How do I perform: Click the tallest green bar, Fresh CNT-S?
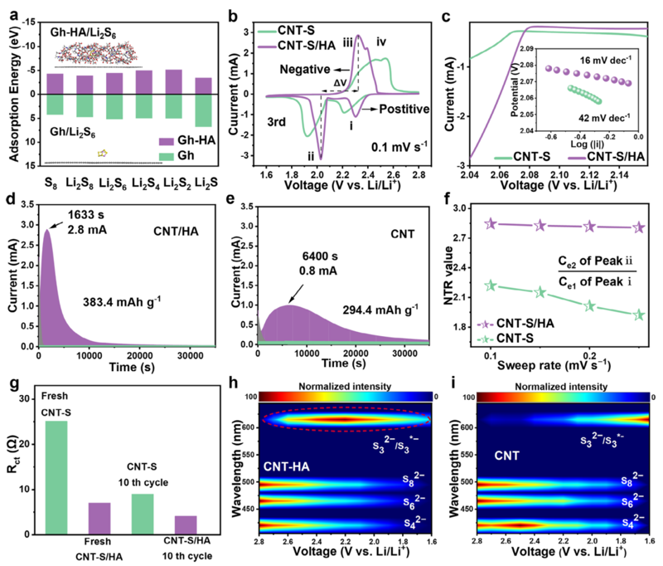pos(56,477)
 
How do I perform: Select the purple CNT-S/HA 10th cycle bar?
pos(186,525)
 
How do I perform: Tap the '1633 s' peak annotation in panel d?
pos(86,215)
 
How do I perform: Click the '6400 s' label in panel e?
pos(320,256)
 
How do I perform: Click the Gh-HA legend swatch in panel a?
pos(167,141)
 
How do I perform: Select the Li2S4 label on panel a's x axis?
pos(146,183)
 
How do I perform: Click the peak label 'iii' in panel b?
pos(347,42)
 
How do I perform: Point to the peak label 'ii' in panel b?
pos(311,156)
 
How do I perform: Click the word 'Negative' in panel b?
pos(305,70)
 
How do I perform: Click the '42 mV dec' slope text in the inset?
pos(604,117)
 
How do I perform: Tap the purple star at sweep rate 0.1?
pos(491,224)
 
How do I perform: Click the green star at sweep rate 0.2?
pos(589,306)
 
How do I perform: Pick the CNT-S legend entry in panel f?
pos(506,339)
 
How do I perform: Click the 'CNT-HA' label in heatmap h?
pos(287,467)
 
